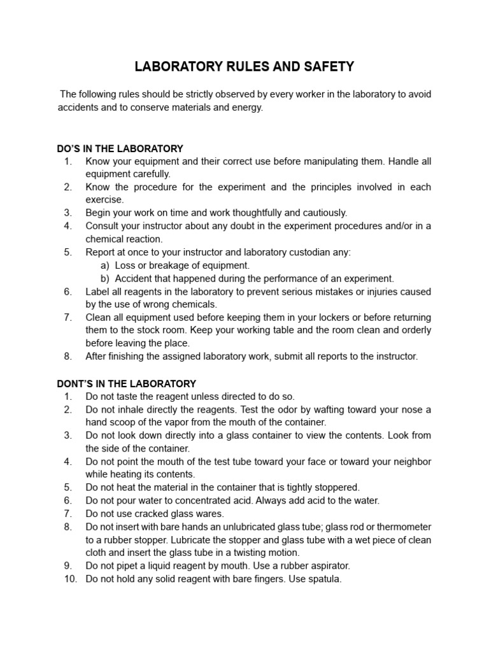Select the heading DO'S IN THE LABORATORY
click(x=120, y=148)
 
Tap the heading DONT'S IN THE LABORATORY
click(x=127, y=383)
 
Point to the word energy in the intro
click(x=246, y=108)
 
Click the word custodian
click(x=290, y=252)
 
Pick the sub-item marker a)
click(x=105, y=266)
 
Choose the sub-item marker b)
click(x=105, y=278)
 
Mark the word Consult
click(x=104, y=226)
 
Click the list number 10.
click(x=70, y=579)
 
